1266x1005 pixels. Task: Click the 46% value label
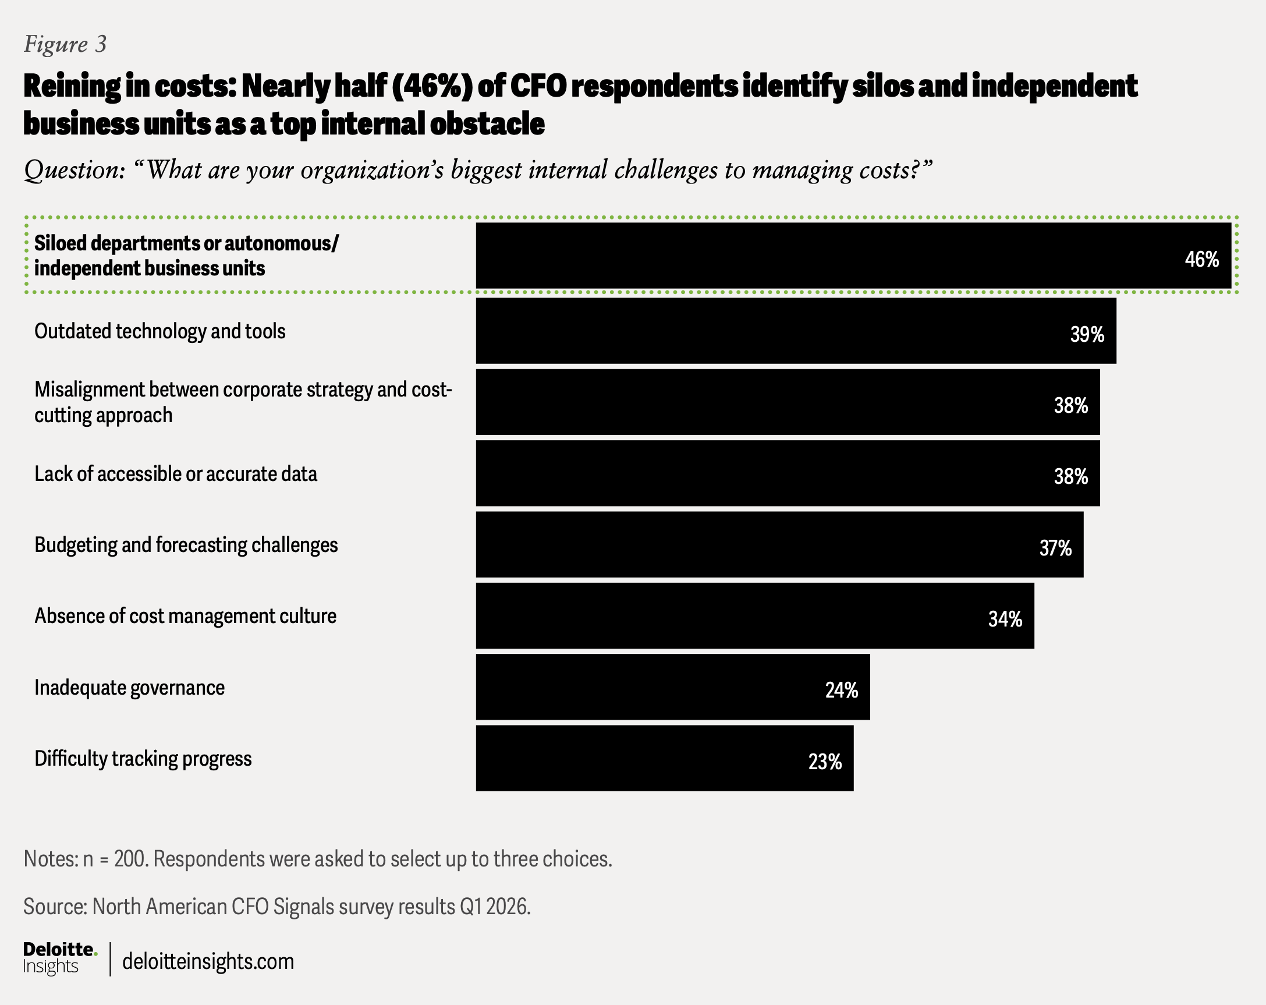click(1202, 259)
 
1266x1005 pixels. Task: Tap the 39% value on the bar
click(1087, 334)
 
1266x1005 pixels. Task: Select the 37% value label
click(1055, 548)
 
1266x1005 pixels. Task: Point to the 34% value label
click(1005, 619)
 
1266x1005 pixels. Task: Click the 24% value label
click(842, 690)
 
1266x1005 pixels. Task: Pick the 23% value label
click(825, 762)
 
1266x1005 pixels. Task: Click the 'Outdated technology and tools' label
click(159, 331)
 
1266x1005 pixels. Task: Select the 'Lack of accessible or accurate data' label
click(176, 474)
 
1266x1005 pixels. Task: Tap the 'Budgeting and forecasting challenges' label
click(186, 545)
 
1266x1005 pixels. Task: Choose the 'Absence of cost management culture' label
click(186, 616)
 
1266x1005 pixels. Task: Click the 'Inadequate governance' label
click(129, 687)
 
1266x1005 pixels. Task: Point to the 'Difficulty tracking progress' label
click(143, 758)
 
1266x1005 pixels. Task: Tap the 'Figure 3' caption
click(65, 44)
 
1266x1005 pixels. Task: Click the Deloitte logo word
click(59, 949)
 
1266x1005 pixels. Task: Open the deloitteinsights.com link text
click(208, 961)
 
